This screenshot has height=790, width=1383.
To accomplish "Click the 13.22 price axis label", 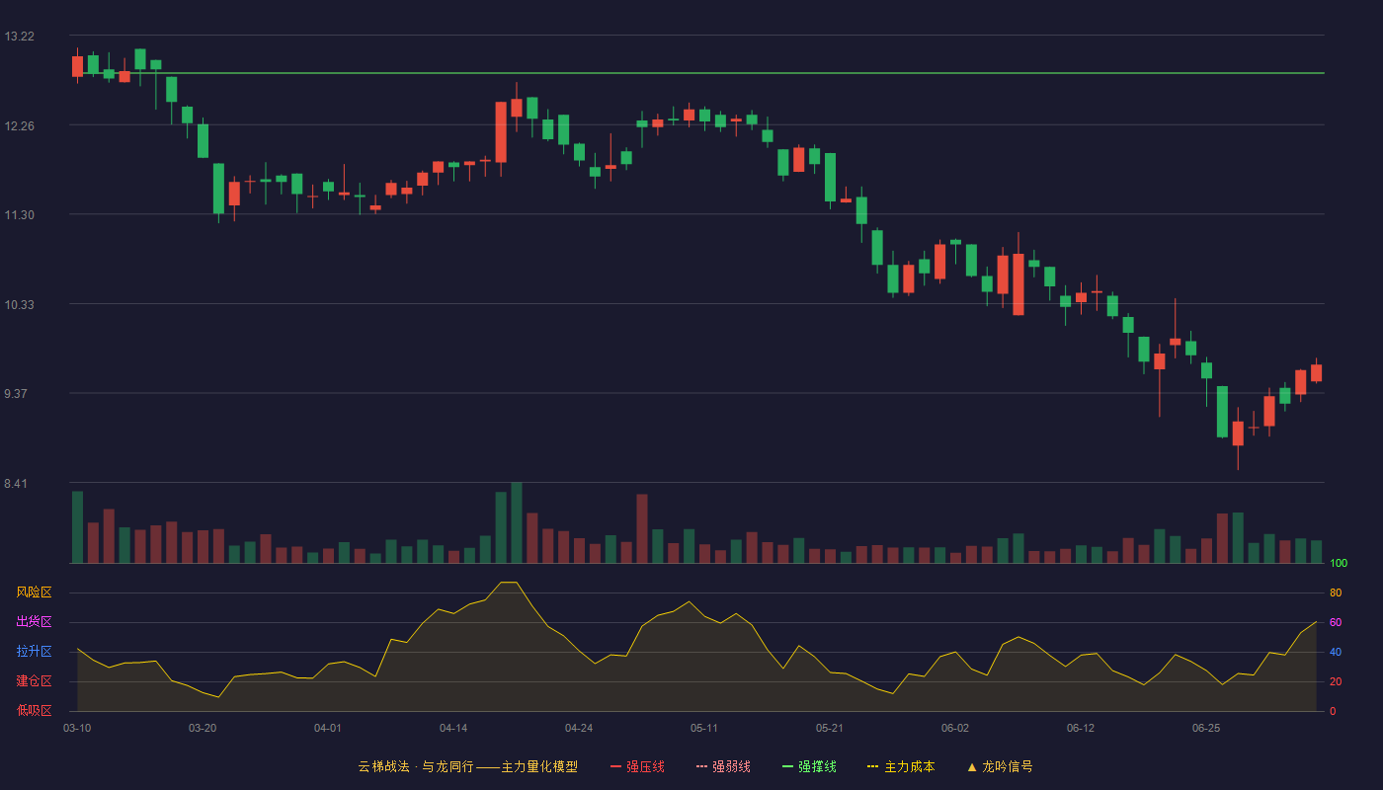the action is [19, 37].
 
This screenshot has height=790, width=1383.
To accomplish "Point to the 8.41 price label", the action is [16, 483].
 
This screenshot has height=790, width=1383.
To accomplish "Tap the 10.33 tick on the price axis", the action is [19, 304].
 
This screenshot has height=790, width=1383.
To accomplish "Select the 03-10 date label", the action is [77, 729].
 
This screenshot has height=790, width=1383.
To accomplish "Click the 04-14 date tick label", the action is [453, 729].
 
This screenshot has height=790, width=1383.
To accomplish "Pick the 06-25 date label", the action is [1206, 729].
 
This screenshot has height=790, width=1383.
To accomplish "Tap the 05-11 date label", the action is [703, 729].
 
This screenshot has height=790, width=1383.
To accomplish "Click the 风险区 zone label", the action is [34, 592].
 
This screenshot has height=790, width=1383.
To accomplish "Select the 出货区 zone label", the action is [34, 621].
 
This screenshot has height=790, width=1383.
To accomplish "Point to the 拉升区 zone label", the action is [34, 651].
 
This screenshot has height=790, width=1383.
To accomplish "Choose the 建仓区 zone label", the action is [34, 680].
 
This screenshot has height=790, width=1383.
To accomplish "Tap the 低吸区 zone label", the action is [34, 710].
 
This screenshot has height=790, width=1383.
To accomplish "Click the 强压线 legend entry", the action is [637, 766].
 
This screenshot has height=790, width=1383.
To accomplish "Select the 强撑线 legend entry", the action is [809, 766].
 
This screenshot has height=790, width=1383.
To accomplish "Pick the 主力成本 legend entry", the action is [901, 766].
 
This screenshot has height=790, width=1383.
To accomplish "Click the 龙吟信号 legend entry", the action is [1000, 766].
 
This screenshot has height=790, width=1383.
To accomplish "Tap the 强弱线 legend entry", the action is [723, 766].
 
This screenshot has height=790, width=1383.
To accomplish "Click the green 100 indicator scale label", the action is [1339, 563].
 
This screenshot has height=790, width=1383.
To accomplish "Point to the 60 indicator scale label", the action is [1336, 622].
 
